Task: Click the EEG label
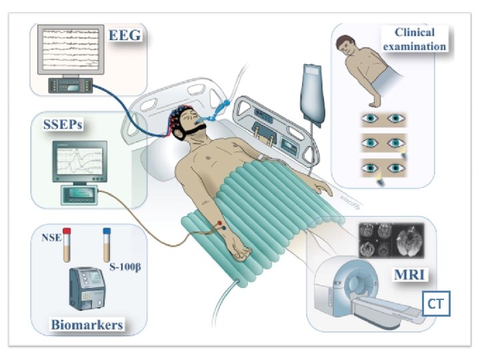tap(125, 36)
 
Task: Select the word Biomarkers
tap(87, 326)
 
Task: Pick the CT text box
tap(436, 305)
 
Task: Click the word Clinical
tap(414, 32)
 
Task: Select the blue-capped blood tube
tap(106, 245)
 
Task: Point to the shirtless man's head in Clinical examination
tap(345, 49)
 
